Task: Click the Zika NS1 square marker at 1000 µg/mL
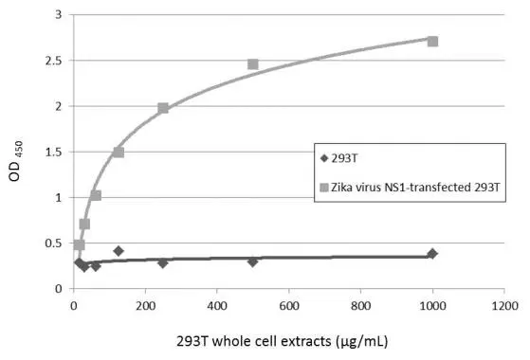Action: (432, 42)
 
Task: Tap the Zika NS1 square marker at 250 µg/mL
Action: (163, 108)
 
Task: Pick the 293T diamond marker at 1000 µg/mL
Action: (432, 254)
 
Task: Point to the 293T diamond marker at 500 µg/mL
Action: (253, 261)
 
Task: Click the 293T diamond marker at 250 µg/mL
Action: (163, 262)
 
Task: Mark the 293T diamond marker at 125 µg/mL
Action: (119, 251)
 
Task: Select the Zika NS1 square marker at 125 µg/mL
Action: (119, 153)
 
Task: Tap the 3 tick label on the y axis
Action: (59, 15)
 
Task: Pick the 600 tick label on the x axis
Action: (289, 306)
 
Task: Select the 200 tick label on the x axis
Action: (145, 306)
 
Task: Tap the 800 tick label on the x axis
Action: (361, 306)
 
